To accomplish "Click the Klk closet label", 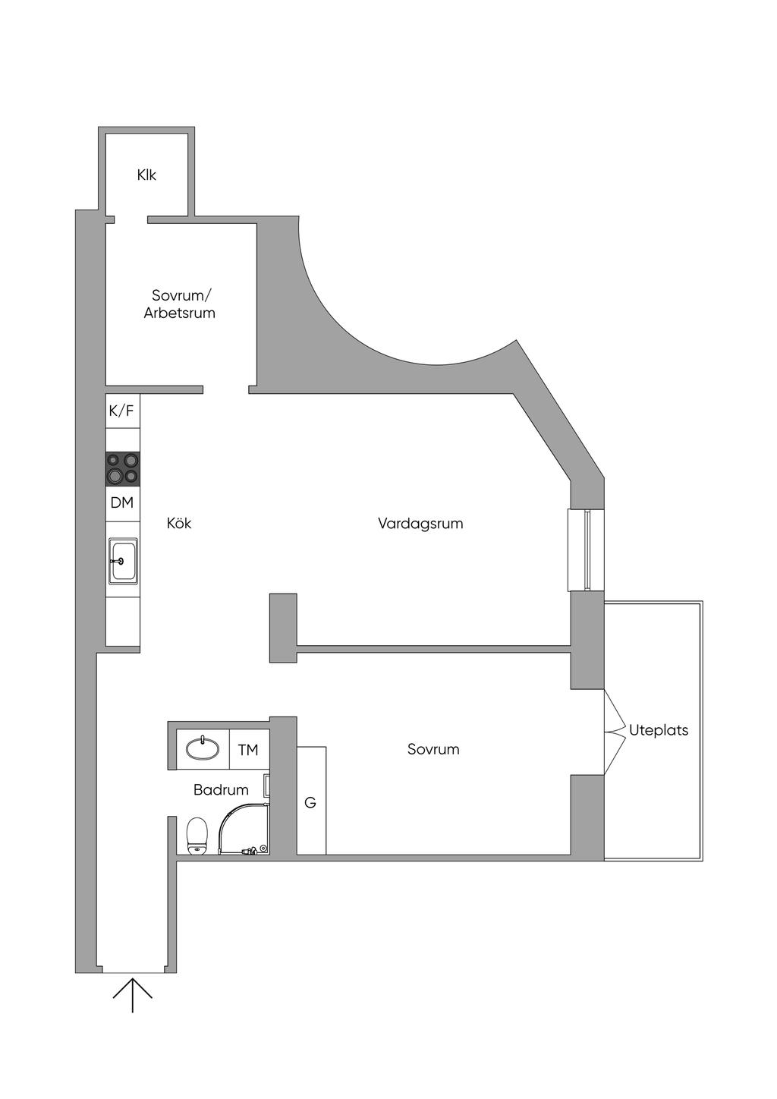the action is pyautogui.click(x=146, y=175).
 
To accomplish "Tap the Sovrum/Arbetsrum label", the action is pyautogui.click(x=179, y=304).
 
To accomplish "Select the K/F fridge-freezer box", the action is pyautogui.click(x=121, y=411).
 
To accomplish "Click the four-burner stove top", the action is pyautogui.click(x=122, y=468).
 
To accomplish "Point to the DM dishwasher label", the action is pyautogui.click(x=121, y=502).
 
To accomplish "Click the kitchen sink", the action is pyautogui.click(x=122, y=561).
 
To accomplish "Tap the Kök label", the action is pyautogui.click(x=179, y=523).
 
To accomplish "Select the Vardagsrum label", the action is pyautogui.click(x=420, y=523).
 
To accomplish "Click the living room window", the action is pyautogui.click(x=587, y=549).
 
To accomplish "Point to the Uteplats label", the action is pyautogui.click(x=659, y=730).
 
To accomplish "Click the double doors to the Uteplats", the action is pyautogui.click(x=613, y=732).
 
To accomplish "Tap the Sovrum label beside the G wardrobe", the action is pyautogui.click(x=433, y=749).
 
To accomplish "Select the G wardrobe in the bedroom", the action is pyautogui.click(x=311, y=801).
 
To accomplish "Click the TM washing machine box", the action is pyautogui.click(x=248, y=750).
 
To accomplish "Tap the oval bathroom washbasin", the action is pyautogui.click(x=203, y=749).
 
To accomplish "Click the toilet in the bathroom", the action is pyautogui.click(x=197, y=836).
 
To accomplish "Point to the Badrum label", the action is pyautogui.click(x=221, y=790).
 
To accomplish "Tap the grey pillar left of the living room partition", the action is pyautogui.click(x=283, y=627).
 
